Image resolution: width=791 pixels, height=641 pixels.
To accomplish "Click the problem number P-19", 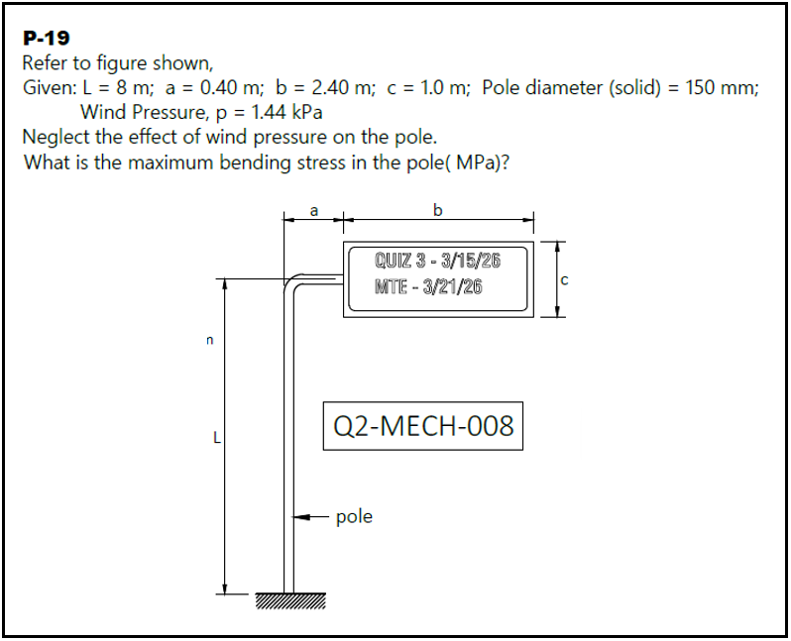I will [46, 39].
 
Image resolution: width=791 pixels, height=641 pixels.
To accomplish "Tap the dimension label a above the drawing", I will [314, 209].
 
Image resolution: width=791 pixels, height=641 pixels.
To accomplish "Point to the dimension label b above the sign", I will [438, 209].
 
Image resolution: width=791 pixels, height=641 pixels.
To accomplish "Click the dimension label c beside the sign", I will [563, 281].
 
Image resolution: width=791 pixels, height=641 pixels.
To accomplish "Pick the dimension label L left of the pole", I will [214, 436].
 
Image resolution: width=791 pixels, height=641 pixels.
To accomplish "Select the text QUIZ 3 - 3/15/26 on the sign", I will [437, 262].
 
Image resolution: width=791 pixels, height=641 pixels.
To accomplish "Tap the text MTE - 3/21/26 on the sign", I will [428, 287].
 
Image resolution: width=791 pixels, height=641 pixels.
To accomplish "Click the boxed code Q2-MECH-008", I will [423, 426].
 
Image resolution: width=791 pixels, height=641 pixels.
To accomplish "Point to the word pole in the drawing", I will [354, 516].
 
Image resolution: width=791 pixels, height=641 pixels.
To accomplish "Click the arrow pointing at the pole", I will [311, 517].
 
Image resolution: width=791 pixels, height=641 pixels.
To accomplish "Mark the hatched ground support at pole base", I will [289, 601].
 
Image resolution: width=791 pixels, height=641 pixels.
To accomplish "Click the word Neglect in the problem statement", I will [56, 137].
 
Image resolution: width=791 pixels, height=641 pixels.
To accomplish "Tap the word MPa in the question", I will [475, 161].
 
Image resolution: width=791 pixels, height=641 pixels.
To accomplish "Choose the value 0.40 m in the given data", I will [230, 87].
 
